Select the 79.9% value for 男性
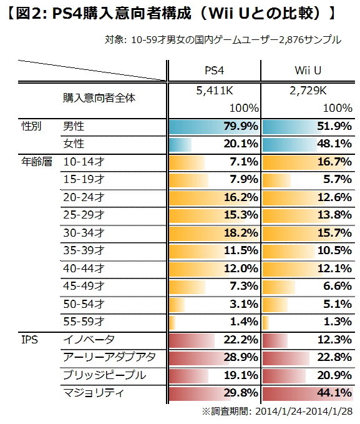pos(241,127)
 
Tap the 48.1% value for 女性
pos(334,144)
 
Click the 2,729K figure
pos(308,90)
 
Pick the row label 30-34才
pos(84,233)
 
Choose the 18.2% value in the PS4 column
pos(241,233)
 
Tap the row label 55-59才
pos(84,322)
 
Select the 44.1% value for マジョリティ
pos(334,393)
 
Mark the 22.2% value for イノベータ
pos(241,340)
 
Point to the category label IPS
pos(30,340)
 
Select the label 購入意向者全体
pos(99,98)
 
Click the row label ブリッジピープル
pos(105,375)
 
